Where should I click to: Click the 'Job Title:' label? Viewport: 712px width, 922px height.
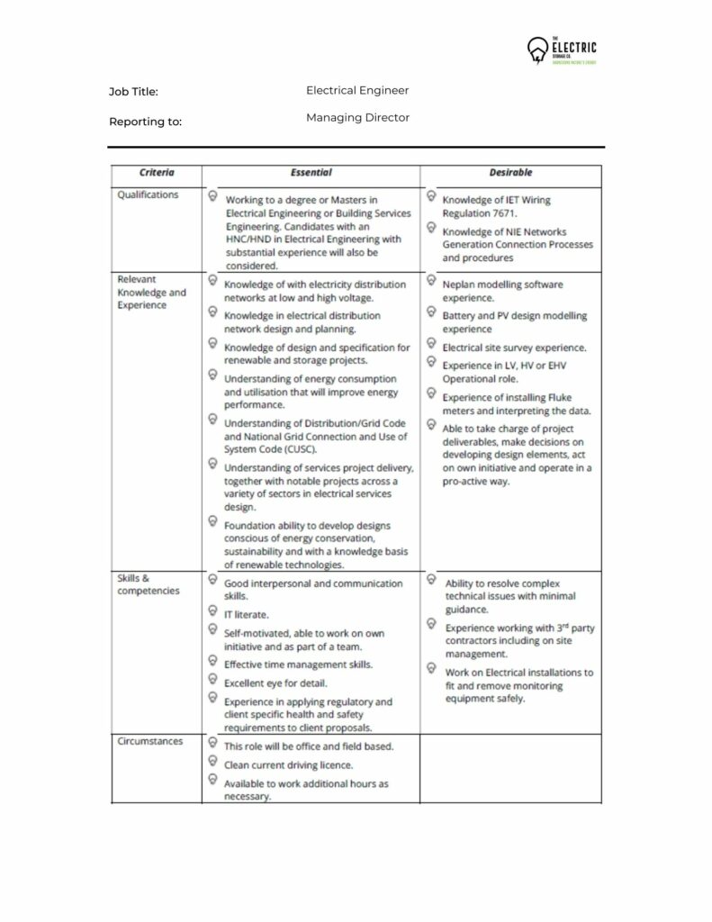pyautogui.click(x=133, y=92)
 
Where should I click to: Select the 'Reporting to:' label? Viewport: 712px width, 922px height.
pyautogui.click(x=145, y=122)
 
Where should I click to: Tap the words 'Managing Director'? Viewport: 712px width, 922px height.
pyautogui.click(x=357, y=118)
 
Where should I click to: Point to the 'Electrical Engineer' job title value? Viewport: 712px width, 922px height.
pyautogui.click(x=357, y=90)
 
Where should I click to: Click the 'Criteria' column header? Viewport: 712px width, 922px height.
pyautogui.click(x=157, y=172)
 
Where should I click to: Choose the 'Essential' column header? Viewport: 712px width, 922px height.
pyautogui.click(x=311, y=172)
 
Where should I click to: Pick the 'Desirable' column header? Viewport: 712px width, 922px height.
pyautogui.click(x=510, y=172)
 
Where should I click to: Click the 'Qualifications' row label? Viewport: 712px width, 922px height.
pyautogui.click(x=148, y=194)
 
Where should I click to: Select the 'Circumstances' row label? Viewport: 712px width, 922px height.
pyautogui.click(x=150, y=741)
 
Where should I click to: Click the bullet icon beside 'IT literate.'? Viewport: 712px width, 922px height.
pyautogui.click(x=212, y=610)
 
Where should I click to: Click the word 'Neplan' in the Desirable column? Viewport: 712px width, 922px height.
pyautogui.click(x=459, y=285)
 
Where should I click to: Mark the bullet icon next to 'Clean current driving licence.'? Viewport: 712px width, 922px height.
pyautogui.click(x=212, y=761)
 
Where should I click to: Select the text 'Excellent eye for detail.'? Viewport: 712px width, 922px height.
pyautogui.click(x=275, y=682)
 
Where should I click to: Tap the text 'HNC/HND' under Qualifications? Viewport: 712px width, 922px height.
pyautogui.click(x=248, y=240)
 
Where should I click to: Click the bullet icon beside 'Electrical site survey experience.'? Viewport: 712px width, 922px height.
pyautogui.click(x=431, y=344)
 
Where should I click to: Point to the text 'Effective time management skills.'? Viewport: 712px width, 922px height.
pyautogui.click(x=298, y=664)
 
